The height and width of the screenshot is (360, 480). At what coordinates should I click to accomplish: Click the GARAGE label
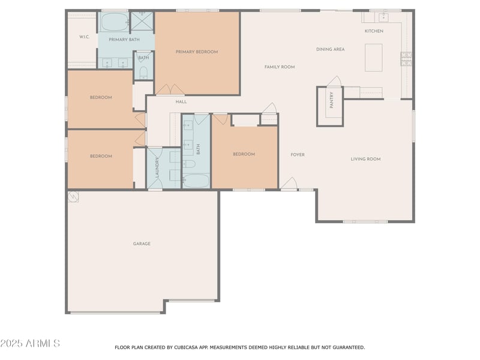(x=142, y=244)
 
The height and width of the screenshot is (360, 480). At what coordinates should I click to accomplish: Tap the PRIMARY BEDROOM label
(x=197, y=52)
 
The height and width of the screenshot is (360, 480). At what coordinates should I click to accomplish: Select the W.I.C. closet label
(x=85, y=37)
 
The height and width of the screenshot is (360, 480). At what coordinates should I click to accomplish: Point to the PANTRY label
(x=332, y=100)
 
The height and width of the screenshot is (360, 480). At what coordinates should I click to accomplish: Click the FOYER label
(x=298, y=155)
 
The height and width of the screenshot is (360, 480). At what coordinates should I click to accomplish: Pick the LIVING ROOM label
(x=366, y=159)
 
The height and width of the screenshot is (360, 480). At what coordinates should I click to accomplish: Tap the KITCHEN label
(x=374, y=31)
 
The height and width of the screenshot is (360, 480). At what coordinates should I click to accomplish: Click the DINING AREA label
(x=331, y=49)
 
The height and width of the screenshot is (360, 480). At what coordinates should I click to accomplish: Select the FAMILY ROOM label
(x=280, y=67)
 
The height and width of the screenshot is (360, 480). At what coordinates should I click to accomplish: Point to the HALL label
(x=181, y=101)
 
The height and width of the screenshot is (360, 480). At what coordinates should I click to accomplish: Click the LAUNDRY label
(x=157, y=167)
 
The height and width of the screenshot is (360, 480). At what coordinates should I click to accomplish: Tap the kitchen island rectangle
(x=373, y=58)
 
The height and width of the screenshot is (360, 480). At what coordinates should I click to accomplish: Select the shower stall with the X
(x=142, y=21)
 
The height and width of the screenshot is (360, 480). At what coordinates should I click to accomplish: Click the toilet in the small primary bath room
(x=143, y=73)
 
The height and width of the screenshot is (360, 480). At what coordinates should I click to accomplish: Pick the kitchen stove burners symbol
(x=406, y=59)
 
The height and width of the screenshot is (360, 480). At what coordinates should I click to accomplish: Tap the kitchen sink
(x=383, y=17)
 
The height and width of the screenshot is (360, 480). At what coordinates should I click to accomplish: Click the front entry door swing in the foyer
(x=289, y=184)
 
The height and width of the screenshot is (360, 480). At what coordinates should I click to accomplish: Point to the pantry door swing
(x=334, y=82)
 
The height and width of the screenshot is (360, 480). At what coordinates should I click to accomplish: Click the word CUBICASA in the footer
(x=187, y=347)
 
